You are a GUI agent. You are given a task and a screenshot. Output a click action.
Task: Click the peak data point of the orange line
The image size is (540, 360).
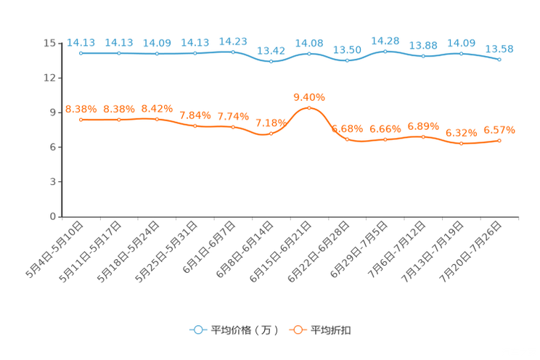point(309,108)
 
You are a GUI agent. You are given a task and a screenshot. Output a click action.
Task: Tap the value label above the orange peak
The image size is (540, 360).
point(309,97)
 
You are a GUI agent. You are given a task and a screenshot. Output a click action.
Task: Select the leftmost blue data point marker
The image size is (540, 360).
point(81,53)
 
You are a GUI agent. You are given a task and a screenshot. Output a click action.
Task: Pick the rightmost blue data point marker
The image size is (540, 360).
point(499,60)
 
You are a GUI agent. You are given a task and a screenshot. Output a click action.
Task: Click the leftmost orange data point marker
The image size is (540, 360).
point(81,119)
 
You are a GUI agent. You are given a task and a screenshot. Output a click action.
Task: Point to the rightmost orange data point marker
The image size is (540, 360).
point(499,140)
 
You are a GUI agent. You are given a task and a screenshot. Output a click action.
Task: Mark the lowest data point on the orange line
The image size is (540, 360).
point(461,144)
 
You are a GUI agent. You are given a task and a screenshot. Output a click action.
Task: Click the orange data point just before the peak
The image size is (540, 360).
point(271,133)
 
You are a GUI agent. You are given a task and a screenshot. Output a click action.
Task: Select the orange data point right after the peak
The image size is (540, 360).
point(347,139)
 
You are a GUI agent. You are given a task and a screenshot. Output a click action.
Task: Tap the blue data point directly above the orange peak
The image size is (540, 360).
point(309,54)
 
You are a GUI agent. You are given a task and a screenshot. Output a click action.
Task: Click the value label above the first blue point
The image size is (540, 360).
point(80,43)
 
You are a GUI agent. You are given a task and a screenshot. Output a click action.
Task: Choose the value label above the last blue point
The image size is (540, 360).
point(499,49)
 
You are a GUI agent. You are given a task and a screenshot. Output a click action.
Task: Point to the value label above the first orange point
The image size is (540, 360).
point(80,110)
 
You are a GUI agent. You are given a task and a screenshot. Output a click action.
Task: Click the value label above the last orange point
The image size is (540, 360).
point(499,131)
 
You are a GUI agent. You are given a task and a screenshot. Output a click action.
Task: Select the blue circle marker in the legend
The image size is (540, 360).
point(198,330)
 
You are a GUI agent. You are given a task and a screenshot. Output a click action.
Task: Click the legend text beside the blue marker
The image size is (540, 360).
point(245,330)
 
